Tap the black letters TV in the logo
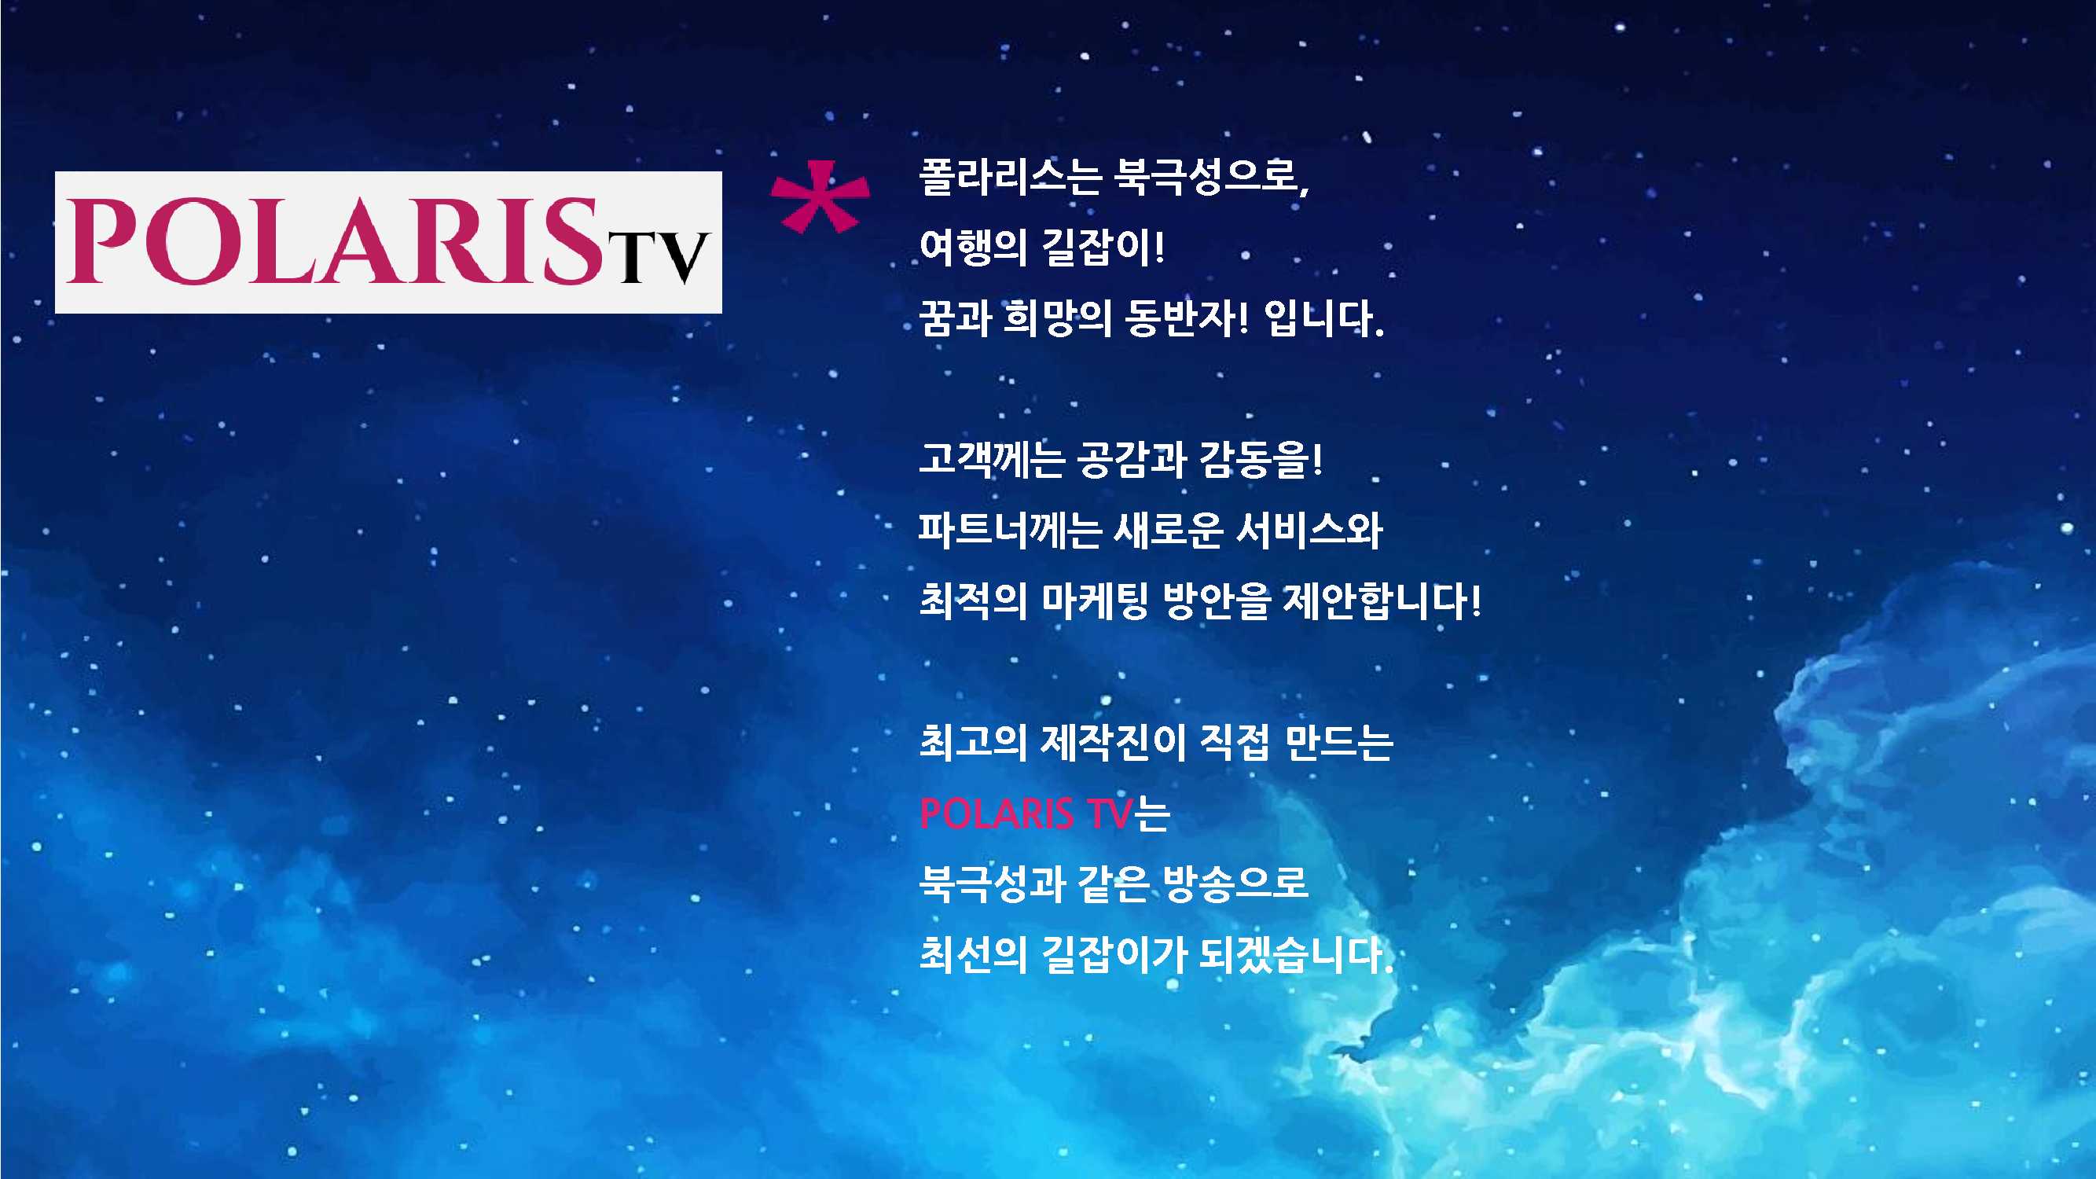[661, 257]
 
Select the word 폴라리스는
[1010, 177]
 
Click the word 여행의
[972, 248]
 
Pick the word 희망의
[1057, 318]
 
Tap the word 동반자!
[1185, 318]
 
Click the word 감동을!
[1261, 459]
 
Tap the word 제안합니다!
[1382, 601]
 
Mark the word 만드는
[1338, 742]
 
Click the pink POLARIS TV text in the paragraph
[1026, 813]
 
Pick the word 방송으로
[1235, 883]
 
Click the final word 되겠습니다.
[1296, 954]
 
